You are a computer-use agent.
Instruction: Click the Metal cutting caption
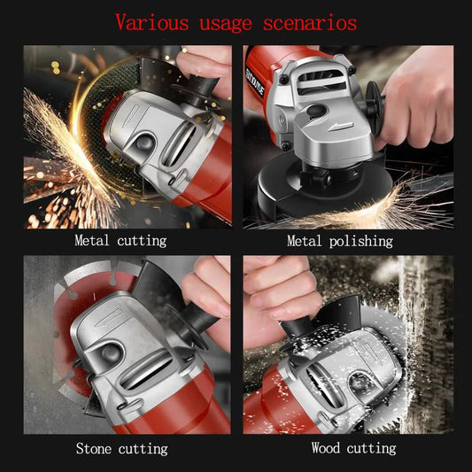[x=120, y=240]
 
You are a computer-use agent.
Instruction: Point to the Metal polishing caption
[x=339, y=240]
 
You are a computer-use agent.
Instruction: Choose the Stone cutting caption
[x=120, y=448]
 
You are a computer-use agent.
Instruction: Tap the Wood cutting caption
[x=353, y=448]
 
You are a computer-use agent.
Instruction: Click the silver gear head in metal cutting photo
[x=155, y=142]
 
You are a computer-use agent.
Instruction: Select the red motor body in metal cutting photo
[x=208, y=177]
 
